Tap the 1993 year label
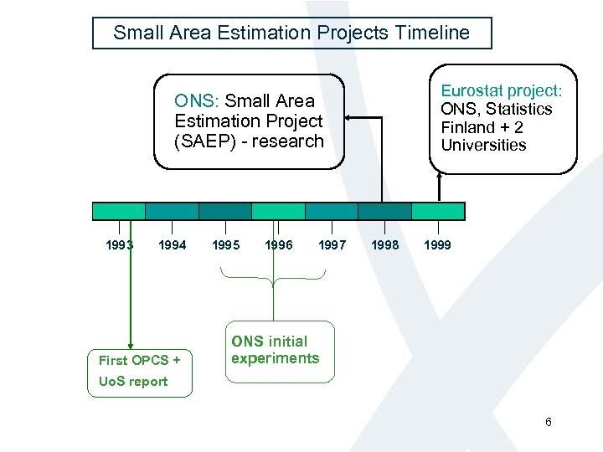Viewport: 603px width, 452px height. tap(119, 245)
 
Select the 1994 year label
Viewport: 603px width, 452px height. tap(173, 245)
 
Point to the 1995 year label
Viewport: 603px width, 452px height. tap(225, 245)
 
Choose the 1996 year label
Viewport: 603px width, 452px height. tap(279, 245)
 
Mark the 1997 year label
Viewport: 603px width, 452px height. tap(332, 245)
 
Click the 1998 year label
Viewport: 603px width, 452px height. tap(385, 245)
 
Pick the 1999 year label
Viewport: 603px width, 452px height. tap(437, 245)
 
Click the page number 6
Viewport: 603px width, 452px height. tap(549, 422)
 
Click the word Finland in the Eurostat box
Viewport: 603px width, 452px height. tap(469, 127)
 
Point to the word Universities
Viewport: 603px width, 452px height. tap(483, 145)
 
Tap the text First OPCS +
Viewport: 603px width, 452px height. tap(139, 360)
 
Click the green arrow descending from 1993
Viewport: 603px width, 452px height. tap(130, 293)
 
